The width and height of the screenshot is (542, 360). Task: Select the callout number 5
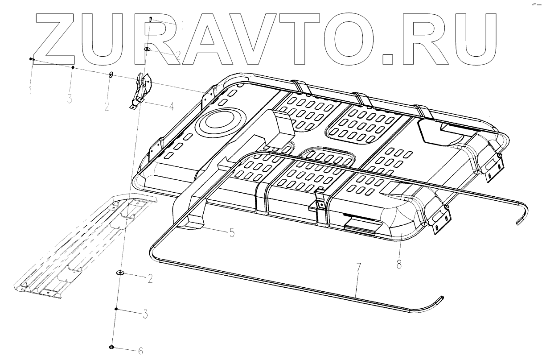point(232,232)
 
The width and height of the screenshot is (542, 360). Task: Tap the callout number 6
point(140,351)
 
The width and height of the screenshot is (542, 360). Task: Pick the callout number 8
point(398,264)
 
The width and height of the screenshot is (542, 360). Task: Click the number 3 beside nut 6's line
point(145,314)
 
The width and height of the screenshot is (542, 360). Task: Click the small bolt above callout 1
point(32,58)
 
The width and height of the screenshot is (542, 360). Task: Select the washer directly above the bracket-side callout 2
point(111,74)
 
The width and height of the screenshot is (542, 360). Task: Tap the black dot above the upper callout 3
point(73,67)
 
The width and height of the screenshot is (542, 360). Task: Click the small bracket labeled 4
point(142,89)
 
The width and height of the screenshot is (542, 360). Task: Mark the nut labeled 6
point(111,347)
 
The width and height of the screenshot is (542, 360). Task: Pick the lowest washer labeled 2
point(120,273)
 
